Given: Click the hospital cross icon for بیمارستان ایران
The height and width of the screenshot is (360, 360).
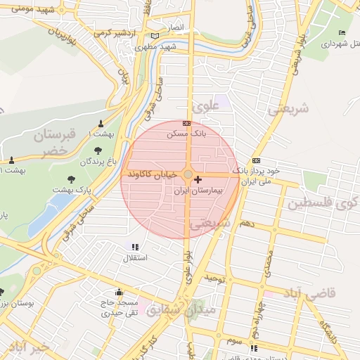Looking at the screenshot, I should tap(198, 180).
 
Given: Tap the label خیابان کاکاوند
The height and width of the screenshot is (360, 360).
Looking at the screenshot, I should tap(154, 174).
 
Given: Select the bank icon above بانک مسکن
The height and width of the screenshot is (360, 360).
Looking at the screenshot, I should tap(186, 123).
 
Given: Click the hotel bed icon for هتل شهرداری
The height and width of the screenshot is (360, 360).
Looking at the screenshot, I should tap(342, 33).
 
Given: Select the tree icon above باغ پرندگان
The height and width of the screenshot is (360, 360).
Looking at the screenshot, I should tap(98, 150).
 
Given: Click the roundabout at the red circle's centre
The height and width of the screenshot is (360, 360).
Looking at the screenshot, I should tap(188, 174).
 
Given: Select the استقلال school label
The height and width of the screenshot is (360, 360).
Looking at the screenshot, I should tap(135, 259).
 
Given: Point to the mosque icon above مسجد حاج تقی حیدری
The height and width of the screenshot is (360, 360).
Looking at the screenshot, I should tap(118, 292).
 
